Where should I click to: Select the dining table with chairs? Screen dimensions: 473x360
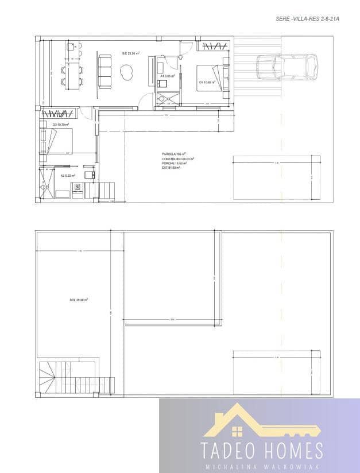click(x=71, y=75)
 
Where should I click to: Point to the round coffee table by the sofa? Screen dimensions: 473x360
click(x=126, y=71)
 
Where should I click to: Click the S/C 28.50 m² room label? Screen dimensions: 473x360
click(x=127, y=53)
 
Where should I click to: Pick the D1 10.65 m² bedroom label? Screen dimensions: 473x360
click(x=207, y=82)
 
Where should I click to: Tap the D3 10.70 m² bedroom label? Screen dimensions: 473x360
click(x=61, y=125)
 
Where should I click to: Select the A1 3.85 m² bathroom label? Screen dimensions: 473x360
click(x=168, y=75)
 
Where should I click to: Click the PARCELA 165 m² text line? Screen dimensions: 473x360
click(x=175, y=154)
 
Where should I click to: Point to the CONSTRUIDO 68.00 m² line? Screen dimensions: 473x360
click(x=178, y=158)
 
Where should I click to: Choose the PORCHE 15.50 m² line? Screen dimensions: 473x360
click(x=175, y=163)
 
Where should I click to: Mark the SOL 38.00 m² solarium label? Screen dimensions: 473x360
click(x=79, y=300)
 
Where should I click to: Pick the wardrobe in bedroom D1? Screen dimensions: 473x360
click(x=215, y=45)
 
